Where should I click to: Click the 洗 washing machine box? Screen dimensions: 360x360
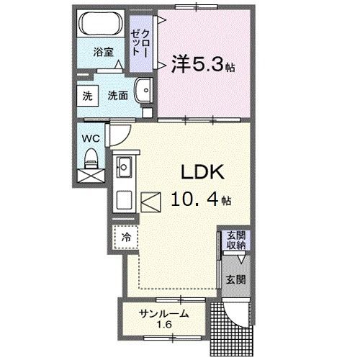click(87, 96)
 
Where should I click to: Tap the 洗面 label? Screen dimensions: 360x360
click(118, 95)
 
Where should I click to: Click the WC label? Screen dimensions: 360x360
click(90, 137)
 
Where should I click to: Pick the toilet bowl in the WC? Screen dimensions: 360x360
click(91, 156)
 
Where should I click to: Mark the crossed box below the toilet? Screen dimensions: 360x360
click(91, 174)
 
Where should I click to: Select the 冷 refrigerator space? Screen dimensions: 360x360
click(125, 235)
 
